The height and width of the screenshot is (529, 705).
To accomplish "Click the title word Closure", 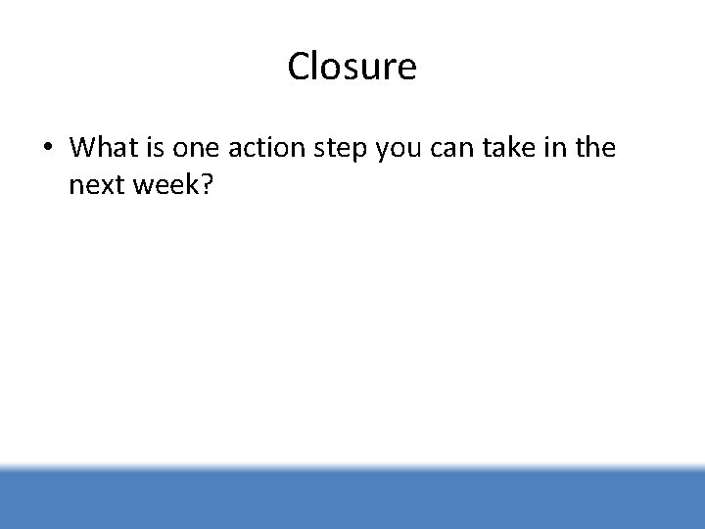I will pyautogui.click(x=352, y=67).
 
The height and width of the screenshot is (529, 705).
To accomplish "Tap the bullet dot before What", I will pyautogui.click(x=46, y=149).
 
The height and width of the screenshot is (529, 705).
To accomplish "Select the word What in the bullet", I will pyautogui.click(x=104, y=148).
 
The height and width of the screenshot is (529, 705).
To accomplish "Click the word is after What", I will pyautogui.click(x=156, y=148).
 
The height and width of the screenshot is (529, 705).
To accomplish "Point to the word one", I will pyautogui.click(x=197, y=149).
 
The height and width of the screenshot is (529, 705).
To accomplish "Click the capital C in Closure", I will pyautogui.click(x=300, y=67).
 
